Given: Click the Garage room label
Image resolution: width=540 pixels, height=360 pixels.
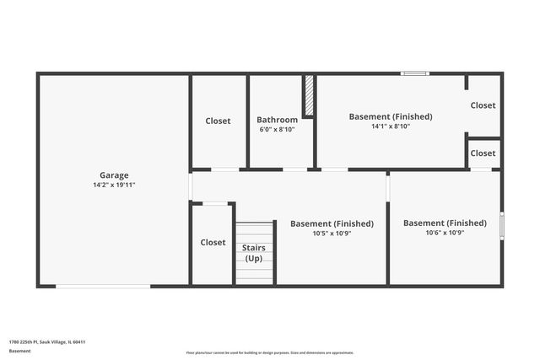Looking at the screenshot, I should click(x=114, y=175).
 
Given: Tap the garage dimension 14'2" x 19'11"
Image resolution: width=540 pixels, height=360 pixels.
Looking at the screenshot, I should click(x=114, y=185).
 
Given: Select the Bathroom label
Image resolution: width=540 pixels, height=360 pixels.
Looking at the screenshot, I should click(x=277, y=120).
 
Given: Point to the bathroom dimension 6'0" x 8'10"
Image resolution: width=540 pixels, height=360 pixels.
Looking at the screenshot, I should click(x=277, y=129).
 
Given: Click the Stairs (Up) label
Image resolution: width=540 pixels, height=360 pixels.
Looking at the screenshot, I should click(x=254, y=253).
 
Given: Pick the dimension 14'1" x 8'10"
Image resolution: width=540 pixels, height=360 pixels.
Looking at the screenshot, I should click(x=391, y=126).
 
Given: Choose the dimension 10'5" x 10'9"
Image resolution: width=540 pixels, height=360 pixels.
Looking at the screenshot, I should click(x=331, y=233).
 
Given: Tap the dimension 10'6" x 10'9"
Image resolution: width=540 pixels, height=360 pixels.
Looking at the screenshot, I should click(x=445, y=232).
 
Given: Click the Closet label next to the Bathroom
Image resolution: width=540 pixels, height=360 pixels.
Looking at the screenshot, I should click(x=218, y=121).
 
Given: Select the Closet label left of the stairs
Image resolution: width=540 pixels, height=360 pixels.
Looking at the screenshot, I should click(x=213, y=242).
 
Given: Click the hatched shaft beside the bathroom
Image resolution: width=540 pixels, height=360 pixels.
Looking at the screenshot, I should click(x=309, y=95).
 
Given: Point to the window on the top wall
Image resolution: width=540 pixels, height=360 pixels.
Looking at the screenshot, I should click(x=414, y=74).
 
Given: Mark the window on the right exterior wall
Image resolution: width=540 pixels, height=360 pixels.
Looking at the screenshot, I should click(x=501, y=225).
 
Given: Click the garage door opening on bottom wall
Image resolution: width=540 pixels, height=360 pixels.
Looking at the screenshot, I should click(x=103, y=286).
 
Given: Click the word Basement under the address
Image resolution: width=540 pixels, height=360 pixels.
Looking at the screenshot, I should click(x=21, y=350).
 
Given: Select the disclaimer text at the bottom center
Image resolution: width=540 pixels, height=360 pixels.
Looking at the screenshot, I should click(x=269, y=352).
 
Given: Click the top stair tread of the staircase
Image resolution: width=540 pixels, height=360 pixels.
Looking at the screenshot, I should click(x=254, y=226).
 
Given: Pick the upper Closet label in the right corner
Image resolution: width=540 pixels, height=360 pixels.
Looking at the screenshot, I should click(x=483, y=105).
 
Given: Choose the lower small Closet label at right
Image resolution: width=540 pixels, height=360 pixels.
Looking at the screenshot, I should click(x=483, y=153).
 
